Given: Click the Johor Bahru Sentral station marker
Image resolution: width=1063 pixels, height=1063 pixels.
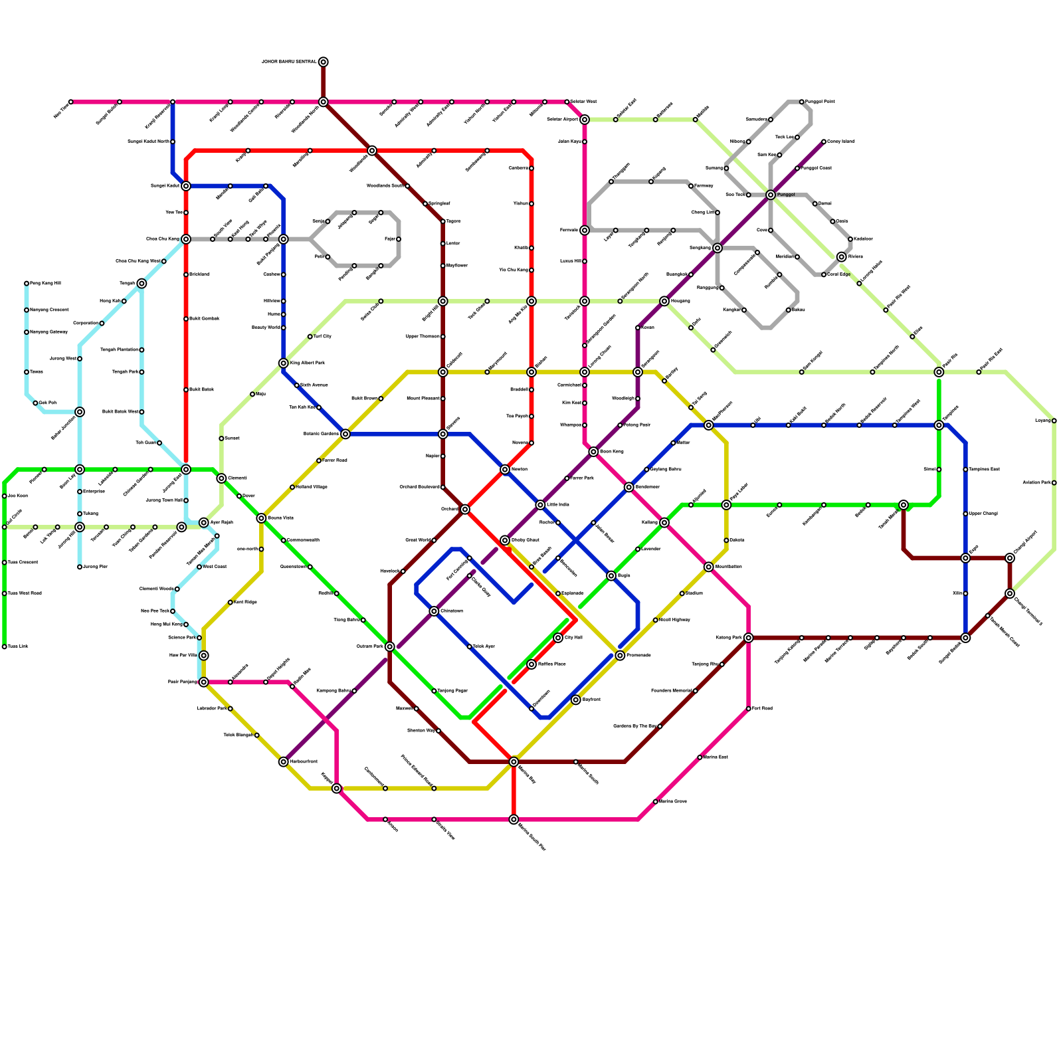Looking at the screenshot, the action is click(323, 62).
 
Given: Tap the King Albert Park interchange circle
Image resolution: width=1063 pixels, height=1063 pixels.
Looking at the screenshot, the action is click(284, 363).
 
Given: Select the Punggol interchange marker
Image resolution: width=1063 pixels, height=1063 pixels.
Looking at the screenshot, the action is click(771, 195).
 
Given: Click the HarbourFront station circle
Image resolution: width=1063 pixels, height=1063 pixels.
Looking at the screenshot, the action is click(284, 762).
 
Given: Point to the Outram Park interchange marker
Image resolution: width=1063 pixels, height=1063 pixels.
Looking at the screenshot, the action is click(390, 646).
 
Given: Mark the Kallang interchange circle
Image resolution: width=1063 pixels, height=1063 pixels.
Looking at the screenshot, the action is click(664, 523).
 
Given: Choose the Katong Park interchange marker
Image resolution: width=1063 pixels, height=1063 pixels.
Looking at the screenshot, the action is click(749, 638).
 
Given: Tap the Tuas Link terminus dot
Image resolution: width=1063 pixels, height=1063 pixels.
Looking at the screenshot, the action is click(5, 646).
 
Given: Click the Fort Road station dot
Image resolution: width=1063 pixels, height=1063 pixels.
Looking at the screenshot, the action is click(749, 709).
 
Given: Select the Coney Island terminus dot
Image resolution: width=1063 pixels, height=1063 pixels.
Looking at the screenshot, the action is click(824, 142).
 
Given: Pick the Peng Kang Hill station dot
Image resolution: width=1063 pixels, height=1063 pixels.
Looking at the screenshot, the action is click(27, 284).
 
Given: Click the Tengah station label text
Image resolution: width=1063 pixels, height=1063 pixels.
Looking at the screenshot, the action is click(126, 284).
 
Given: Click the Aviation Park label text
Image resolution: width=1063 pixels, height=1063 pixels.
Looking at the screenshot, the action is click(1036, 483).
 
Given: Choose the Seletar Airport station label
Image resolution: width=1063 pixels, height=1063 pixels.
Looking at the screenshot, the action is click(562, 120).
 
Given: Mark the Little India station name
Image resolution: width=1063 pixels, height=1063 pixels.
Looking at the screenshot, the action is click(558, 505).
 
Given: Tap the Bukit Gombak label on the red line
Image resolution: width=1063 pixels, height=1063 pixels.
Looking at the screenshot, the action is click(204, 319).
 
